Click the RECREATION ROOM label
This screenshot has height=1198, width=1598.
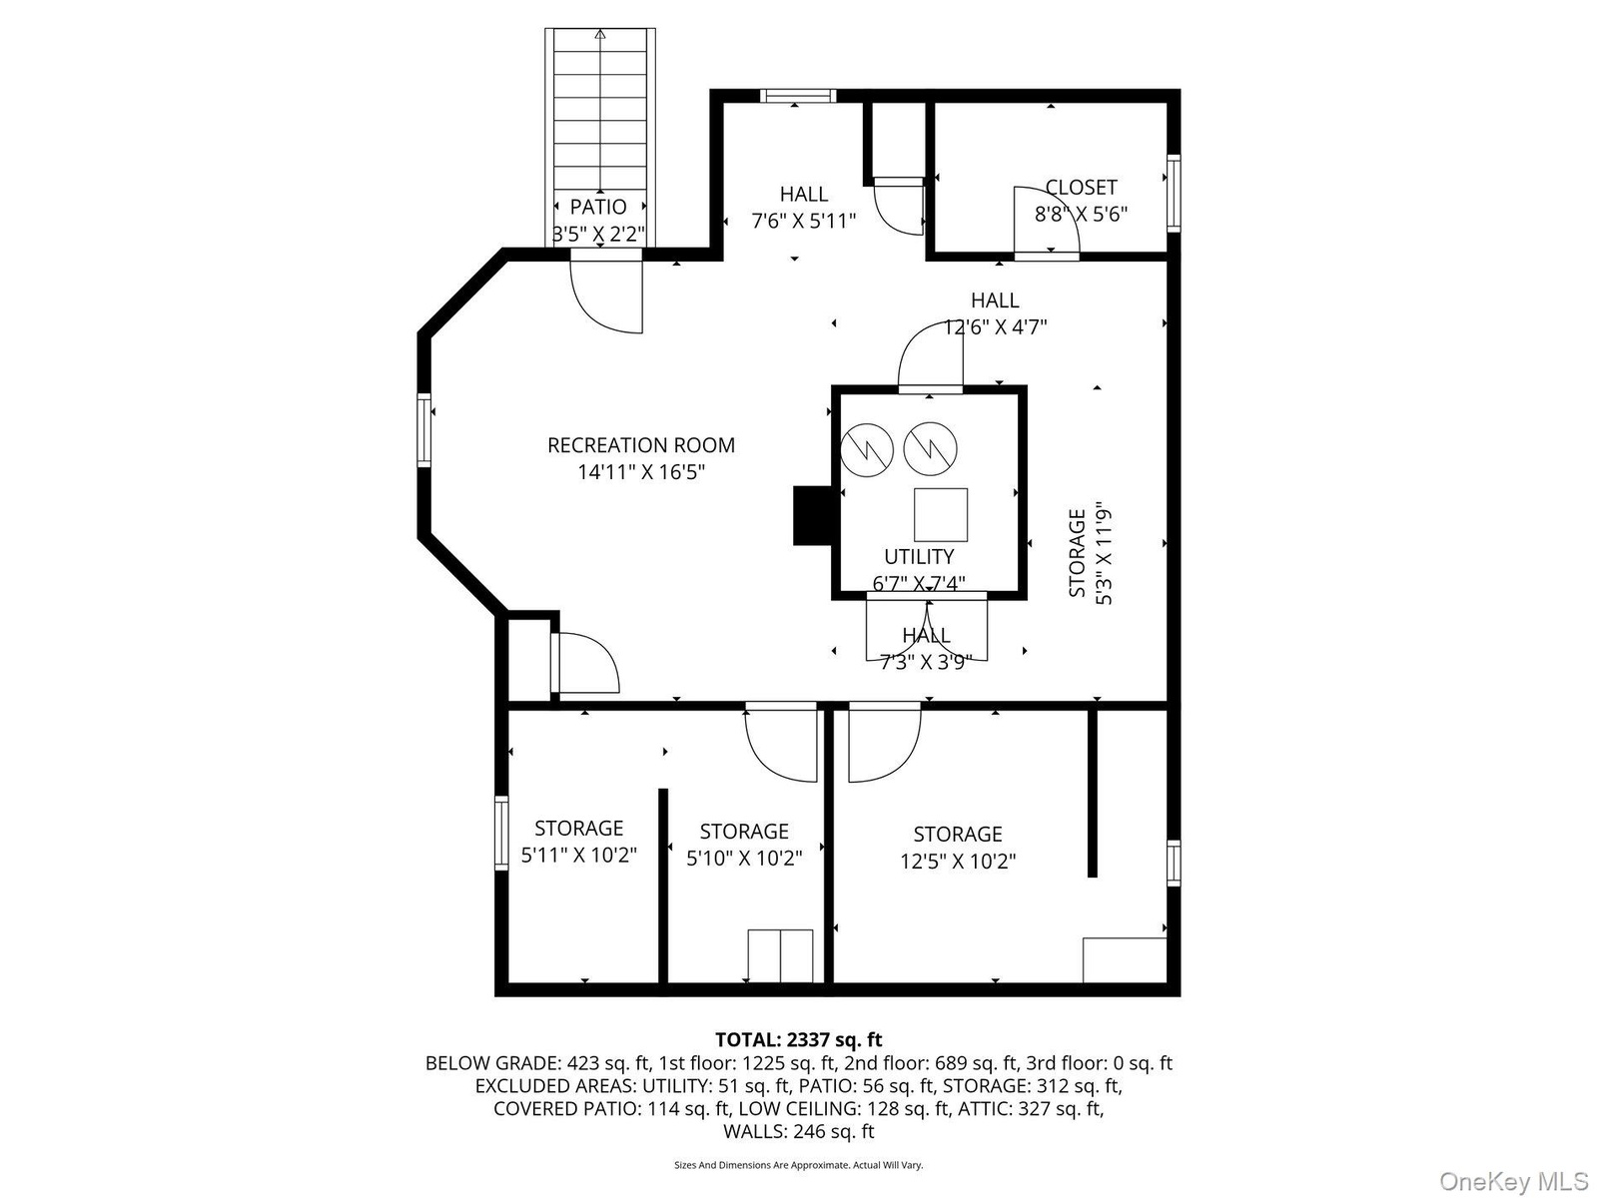click(x=640, y=444)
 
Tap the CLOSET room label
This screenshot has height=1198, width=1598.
click(x=1081, y=187)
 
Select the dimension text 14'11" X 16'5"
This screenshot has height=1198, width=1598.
click(x=641, y=472)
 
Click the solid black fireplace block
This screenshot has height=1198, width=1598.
click(x=812, y=515)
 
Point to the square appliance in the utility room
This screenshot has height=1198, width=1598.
click(x=941, y=515)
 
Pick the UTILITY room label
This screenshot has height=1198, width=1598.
click(x=919, y=556)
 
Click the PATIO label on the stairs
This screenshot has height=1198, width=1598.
click(x=597, y=208)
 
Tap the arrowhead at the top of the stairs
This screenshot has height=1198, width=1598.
click(x=600, y=34)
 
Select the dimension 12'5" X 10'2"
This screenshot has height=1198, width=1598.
click(x=958, y=862)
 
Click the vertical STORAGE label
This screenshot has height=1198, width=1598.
click(x=1077, y=553)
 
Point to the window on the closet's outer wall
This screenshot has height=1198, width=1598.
click(x=1174, y=193)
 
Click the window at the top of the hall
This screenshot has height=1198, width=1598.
click(x=798, y=96)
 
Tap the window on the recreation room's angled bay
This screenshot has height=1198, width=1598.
click(x=423, y=430)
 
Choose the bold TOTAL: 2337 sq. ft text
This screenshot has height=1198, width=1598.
click(x=799, y=1039)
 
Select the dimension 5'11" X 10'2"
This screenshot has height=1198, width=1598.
click(x=578, y=855)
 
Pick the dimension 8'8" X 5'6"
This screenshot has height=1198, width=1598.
click(x=1081, y=214)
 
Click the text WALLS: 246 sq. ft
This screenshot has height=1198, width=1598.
click(x=799, y=1131)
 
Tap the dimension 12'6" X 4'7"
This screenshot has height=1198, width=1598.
click(x=995, y=327)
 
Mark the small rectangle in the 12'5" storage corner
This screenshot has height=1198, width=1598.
click(x=1125, y=960)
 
